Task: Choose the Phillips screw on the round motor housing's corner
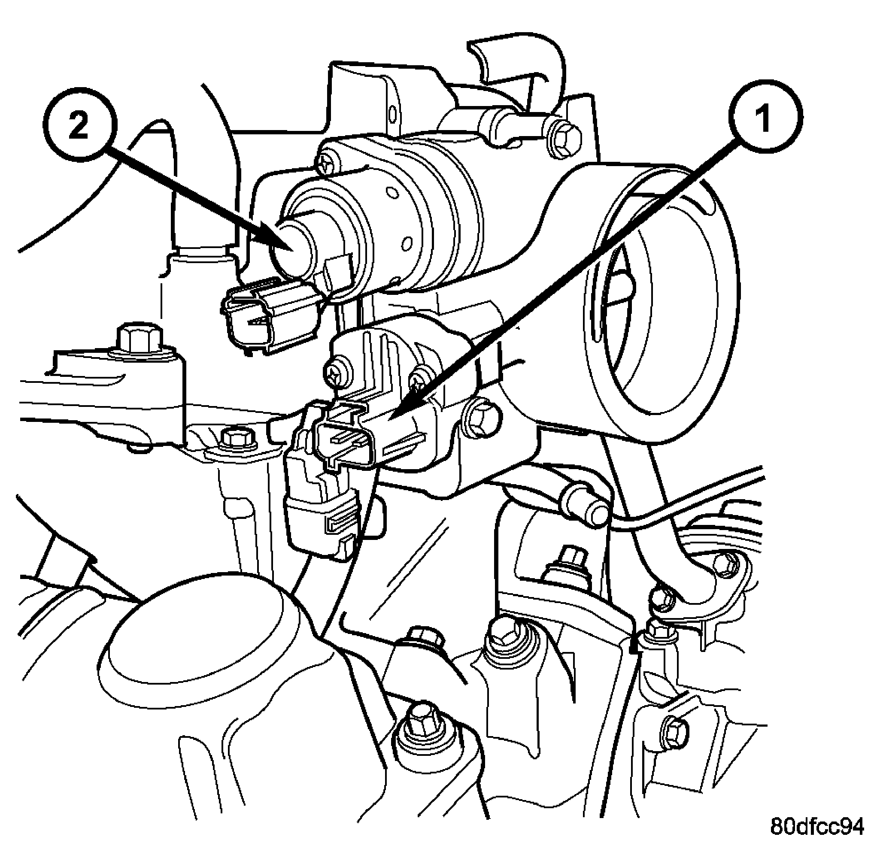328,163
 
